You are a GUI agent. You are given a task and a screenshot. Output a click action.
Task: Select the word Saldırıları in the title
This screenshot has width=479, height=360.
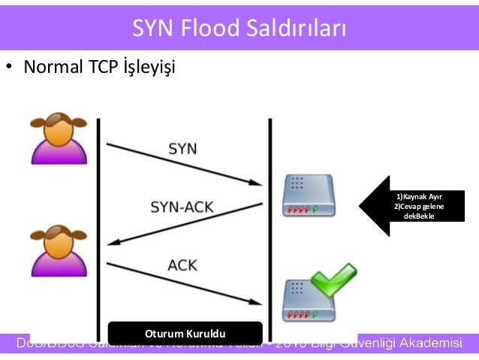[297, 29]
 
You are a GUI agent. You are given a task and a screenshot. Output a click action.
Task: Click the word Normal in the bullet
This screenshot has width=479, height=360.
[52, 68]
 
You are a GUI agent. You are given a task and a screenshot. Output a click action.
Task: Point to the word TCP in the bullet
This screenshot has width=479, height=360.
[101, 68]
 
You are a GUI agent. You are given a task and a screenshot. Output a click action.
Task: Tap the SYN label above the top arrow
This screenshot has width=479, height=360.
[182, 148]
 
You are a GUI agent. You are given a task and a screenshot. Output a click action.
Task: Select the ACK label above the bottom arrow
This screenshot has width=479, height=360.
[182, 265]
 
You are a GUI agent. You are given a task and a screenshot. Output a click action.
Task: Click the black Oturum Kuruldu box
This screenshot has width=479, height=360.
[185, 331]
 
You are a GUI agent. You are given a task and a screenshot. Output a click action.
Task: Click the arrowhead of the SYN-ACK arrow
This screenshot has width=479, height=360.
[115, 241]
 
